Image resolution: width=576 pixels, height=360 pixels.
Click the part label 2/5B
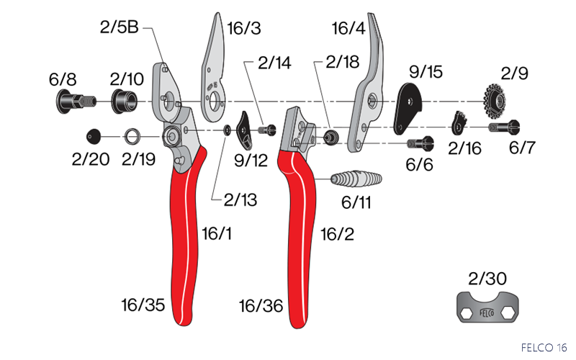120,27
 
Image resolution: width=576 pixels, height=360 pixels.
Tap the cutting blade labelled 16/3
213,70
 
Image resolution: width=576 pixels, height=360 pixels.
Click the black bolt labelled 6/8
76,101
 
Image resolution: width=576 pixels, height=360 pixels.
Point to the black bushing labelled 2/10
124,101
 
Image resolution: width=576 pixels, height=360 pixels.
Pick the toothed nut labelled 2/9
494,101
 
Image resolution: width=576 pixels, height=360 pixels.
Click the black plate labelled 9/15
407,109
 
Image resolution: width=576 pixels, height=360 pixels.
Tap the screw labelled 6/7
504,127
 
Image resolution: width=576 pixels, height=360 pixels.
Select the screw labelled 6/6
420,143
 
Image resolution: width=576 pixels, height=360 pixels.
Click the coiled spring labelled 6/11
356,179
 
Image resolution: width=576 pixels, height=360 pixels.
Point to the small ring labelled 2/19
132,137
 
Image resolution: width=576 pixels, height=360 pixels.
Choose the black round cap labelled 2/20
94,136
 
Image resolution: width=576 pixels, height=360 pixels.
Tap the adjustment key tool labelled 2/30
488,307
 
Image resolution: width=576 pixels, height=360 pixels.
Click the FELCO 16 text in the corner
544,347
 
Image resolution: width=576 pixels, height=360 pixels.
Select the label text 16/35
143,305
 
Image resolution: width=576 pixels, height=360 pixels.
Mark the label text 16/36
261,305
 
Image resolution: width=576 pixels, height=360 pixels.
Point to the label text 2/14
274,63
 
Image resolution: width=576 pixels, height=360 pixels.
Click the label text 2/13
240,200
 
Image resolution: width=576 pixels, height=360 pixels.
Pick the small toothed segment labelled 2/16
459,123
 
